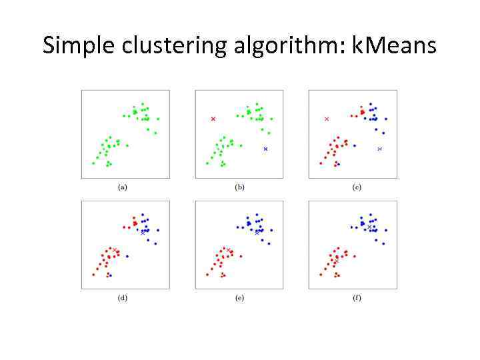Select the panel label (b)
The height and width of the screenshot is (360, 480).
click(239, 187)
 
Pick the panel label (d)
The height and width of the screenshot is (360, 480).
click(123, 297)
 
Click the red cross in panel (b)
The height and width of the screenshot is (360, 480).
click(213, 119)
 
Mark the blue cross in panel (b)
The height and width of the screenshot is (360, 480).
click(265, 149)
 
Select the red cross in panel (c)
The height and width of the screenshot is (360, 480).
click(327, 119)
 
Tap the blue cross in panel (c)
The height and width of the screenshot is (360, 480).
click(379, 149)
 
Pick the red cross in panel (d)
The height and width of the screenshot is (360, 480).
click(115, 251)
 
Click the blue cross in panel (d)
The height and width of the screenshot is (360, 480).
click(142, 232)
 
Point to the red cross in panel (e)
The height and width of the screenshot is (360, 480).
click(229, 251)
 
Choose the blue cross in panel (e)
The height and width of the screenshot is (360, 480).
click(257, 232)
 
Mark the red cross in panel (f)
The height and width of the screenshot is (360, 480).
click(336, 261)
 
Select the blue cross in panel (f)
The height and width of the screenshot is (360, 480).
click(369, 227)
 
